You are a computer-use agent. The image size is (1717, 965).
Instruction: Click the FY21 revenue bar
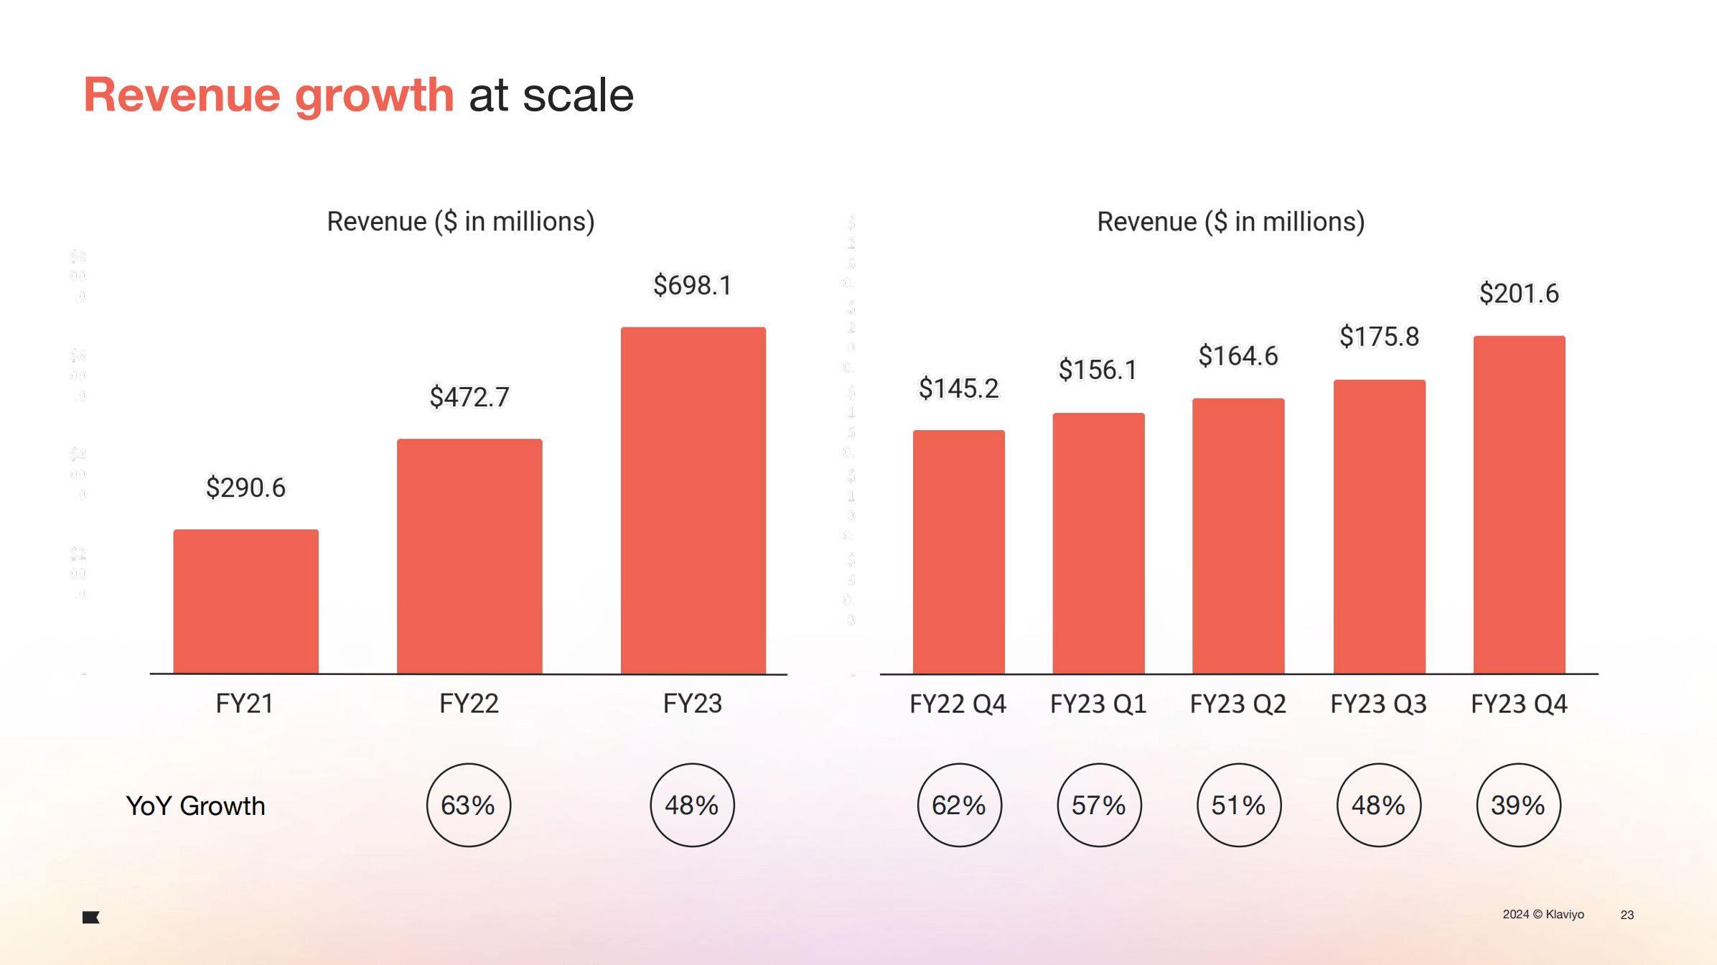pos(245,602)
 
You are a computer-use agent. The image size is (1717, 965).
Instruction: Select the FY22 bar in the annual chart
pos(469,556)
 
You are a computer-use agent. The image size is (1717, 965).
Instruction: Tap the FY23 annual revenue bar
pos(693,500)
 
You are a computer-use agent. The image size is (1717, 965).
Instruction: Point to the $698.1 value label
pos(692,285)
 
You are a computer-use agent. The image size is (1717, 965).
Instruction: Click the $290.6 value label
pos(245,488)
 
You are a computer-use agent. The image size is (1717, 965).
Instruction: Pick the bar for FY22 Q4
pos(958,551)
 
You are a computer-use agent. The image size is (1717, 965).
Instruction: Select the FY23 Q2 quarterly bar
pos(1238,536)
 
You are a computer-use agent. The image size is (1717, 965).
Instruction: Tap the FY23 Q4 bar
pos(1519,504)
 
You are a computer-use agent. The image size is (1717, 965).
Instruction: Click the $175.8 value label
pos(1379,336)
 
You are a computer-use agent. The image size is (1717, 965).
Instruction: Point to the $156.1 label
pos(1098,370)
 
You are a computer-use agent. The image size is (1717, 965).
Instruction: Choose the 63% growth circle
pos(468,805)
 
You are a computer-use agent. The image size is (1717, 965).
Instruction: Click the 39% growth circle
pos(1518,805)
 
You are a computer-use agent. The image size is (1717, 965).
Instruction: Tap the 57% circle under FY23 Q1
pos(1098,805)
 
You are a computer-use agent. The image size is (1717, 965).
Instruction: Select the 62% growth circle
pos(959,805)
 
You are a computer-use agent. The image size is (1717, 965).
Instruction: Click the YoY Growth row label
pos(195,806)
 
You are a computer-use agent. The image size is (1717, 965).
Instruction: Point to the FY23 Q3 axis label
pos(1378,704)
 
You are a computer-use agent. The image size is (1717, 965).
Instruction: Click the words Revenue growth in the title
pos(269,95)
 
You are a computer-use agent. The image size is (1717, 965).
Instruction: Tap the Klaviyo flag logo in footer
pos(91,917)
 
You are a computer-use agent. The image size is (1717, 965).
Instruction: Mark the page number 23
pos(1627,915)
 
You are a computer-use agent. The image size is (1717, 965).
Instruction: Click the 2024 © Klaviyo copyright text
pos(1543,914)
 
